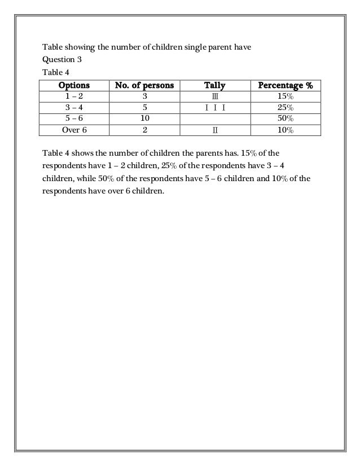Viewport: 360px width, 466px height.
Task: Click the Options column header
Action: click(x=74, y=86)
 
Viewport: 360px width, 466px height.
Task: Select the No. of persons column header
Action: click(x=144, y=86)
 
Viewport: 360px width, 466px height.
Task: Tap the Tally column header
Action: click(x=214, y=86)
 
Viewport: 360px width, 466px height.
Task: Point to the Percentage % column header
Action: click(x=285, y=86)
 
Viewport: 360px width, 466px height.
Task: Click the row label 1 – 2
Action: click(x=74, y=97)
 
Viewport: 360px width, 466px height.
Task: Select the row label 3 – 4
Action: click(x=74, y=108)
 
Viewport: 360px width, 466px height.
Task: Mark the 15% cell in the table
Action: click(x=285, y=97)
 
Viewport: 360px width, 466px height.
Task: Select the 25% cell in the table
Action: click(x=285, y=108)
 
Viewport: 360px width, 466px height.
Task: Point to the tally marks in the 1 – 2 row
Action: click(x=214, y=97)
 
